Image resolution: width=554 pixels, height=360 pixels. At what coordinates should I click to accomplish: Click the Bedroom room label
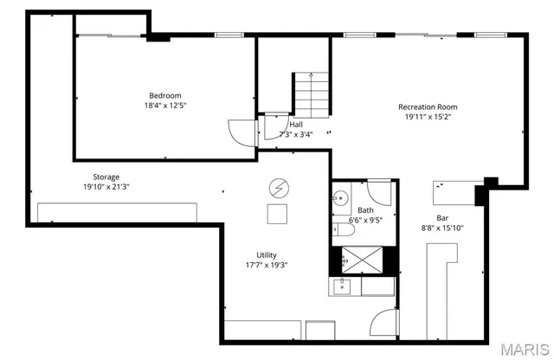point(165,95)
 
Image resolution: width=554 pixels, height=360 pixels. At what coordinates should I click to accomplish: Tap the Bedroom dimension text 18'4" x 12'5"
point(165,105)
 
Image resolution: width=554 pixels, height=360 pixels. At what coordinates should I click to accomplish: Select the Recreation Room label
point(422,107)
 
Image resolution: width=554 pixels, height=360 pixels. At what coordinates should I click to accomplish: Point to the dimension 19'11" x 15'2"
point(422,117)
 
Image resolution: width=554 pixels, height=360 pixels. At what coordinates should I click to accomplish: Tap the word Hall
point(296,124)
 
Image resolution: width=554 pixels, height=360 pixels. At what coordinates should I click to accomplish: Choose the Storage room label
point(106,177)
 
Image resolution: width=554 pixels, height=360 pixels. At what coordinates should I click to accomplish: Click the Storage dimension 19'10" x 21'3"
point(106,187)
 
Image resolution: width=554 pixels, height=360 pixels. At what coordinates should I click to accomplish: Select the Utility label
point(267,255)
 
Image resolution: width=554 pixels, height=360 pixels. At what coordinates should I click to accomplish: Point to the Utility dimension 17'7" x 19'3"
point(267,265)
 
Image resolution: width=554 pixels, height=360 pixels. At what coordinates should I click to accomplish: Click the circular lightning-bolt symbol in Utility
point(279,187)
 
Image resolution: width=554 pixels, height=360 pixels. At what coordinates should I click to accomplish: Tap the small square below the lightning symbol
point(278,215)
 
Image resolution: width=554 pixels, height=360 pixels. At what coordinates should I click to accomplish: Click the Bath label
point(365,210)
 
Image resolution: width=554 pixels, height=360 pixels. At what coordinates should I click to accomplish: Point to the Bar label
point(442,218)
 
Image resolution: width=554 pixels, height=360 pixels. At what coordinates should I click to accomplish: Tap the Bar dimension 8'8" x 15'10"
point(442,228)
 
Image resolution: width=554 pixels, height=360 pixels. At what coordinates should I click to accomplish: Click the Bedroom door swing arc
point(238,131)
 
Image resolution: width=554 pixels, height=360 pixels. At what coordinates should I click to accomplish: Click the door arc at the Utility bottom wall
point(382,325)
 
